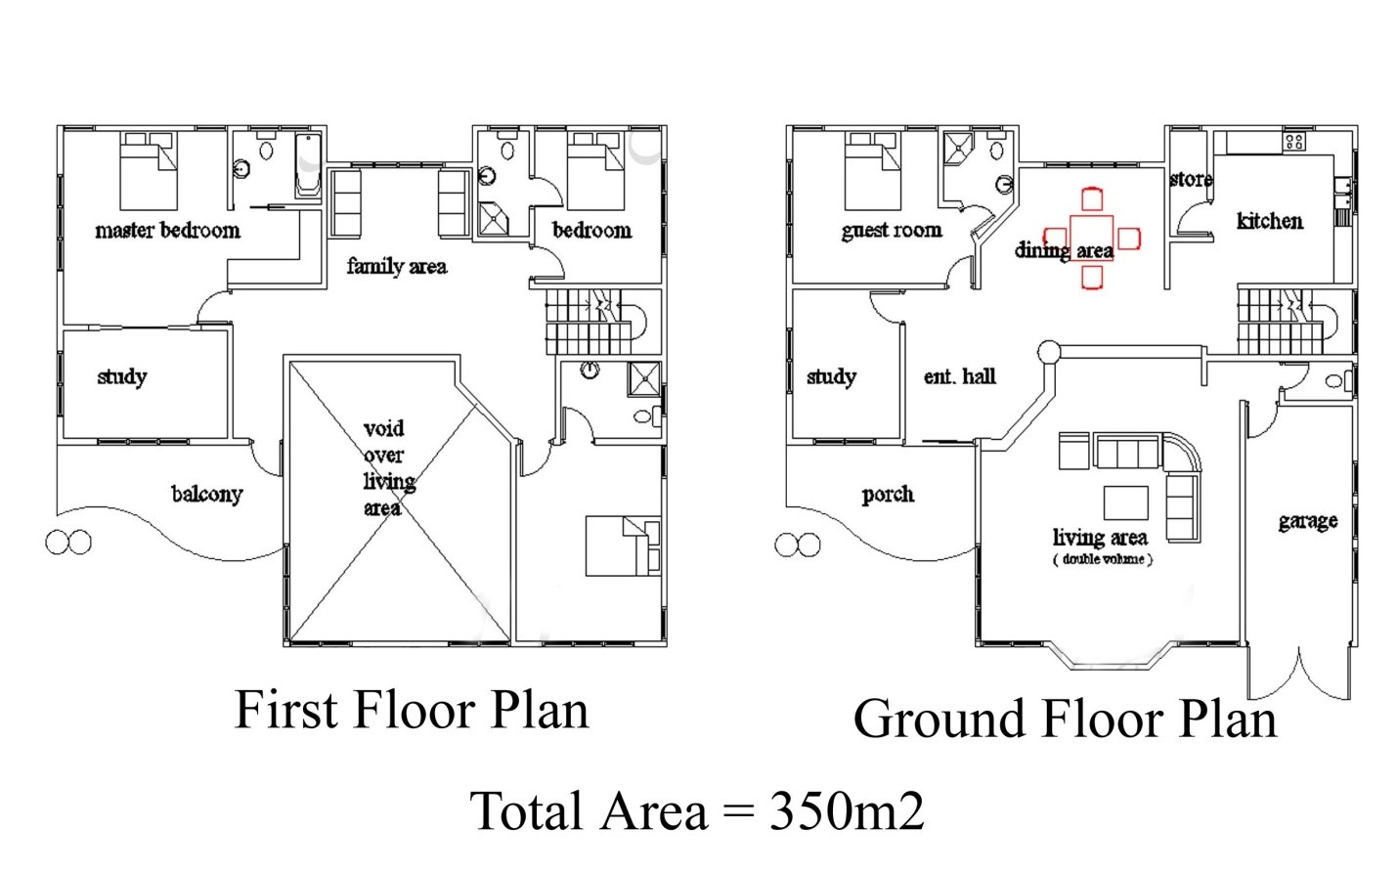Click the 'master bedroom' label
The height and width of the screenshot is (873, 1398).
pos(167,231)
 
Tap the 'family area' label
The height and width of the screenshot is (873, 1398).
pos(397,267)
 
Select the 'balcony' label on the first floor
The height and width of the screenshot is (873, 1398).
pos(206,495)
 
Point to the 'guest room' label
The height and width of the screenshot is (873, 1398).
pos(892,231)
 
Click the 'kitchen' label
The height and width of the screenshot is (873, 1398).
pos(1269,221)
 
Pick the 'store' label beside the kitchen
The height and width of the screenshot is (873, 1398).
pos(1191,180)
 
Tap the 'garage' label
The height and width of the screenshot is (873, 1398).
pos(1308,521)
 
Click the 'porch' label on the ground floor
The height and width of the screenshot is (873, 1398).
pos(888,495)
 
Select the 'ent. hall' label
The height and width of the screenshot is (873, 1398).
pos(959,376)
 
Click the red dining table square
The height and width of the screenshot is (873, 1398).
pos(1092,238)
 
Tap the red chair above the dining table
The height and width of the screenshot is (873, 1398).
pos(1092,199)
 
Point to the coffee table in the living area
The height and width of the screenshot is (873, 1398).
pos(1126,502)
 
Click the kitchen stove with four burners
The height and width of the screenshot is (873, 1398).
pos(1293,142)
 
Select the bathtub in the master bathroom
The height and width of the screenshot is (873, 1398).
pos(308,165)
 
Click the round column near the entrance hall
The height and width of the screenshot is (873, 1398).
pos(1049,353)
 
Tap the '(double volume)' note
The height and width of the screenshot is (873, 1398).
pos(1103,559)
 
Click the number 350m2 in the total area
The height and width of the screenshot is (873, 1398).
pos(847,810)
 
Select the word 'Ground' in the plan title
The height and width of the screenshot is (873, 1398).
pos(939,719)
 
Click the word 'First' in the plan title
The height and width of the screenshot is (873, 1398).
pos(287,709)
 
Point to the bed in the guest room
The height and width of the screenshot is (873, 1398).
pos(872,170)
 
